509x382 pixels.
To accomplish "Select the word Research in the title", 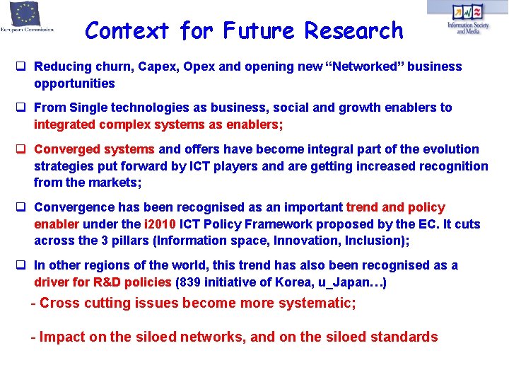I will point(353,31).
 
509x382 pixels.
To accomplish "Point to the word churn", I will point(108,66).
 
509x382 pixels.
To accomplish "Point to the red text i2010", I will point(159,224).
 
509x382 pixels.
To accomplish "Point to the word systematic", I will point(318,303).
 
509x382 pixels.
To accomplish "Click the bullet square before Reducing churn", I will point(22,66).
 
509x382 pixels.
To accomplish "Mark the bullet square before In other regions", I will point(22,265).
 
